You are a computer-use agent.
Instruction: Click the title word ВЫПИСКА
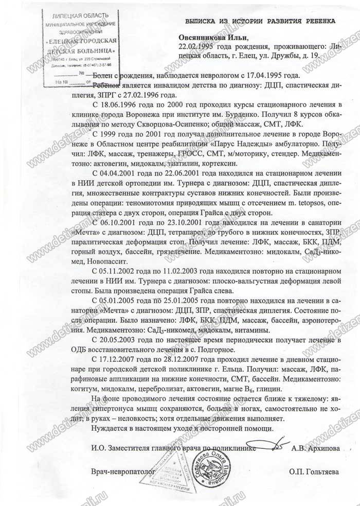point(203,21)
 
